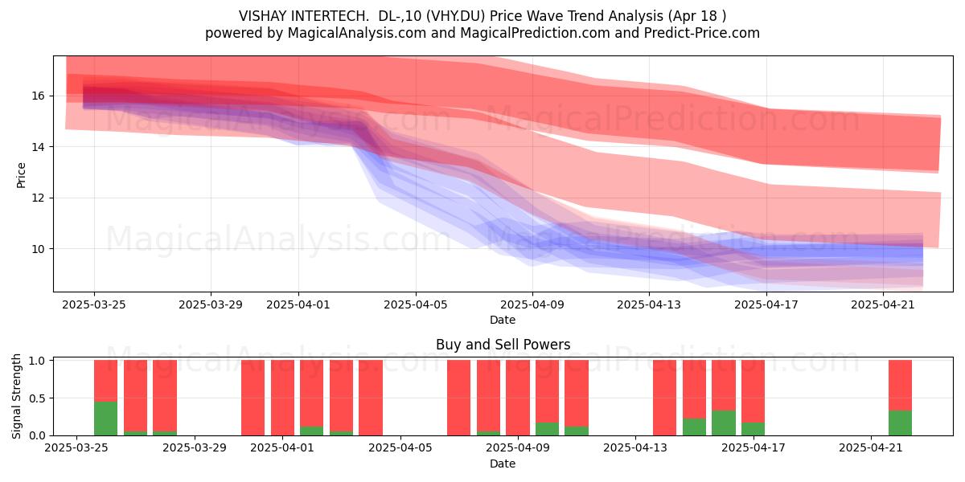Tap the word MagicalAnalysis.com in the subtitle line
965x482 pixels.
[357, 33]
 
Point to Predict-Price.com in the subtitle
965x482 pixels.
[702, 33]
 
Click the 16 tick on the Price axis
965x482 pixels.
[38, 96]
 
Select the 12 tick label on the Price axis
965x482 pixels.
[38, 198]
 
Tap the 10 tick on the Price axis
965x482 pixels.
[38, 249]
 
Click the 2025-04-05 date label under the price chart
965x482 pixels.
[416, 305]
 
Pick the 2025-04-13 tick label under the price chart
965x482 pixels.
[649, 305]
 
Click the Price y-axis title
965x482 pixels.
[21, 175]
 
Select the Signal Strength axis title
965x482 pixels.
[16, 396]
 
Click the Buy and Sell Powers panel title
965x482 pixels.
[503, 345]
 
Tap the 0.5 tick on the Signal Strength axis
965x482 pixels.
[38, 398]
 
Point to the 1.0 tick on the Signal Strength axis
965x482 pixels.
[38, 361]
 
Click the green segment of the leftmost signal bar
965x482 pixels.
[105, 419]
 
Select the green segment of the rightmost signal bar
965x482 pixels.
[900, 423]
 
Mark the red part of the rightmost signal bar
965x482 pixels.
[900, 385]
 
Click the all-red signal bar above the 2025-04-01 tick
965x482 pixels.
[282, 398]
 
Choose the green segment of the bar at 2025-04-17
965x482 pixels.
[753, 429]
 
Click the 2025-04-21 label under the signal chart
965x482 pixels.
[871, 448]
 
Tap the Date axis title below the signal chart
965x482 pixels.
[503, 464]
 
